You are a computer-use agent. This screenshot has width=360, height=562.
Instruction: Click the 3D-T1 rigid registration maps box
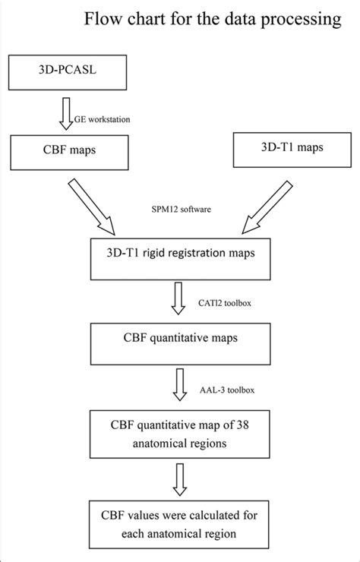(179, 259)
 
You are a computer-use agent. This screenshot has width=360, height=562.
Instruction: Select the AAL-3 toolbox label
(222, 390)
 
